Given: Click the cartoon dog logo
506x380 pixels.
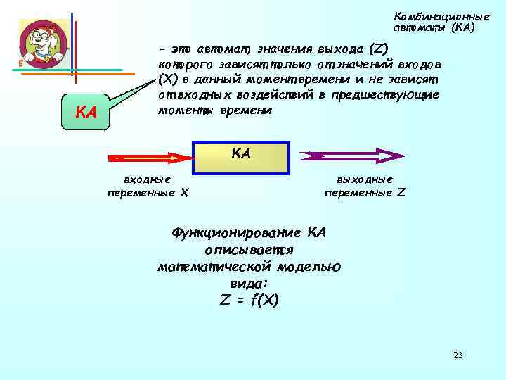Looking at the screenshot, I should pos(40,41).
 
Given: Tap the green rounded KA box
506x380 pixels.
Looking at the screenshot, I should pos(86,111).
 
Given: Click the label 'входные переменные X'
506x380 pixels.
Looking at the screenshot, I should pos(148,186).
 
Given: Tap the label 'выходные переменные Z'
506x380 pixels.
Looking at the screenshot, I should pos(365,186).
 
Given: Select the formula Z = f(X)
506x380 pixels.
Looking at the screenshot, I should pos(249,300).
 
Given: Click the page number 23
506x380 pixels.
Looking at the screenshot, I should pos(458,355).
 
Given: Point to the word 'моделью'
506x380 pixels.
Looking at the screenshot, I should pos(310,267).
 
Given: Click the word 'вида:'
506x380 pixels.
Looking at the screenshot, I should pos(249,283).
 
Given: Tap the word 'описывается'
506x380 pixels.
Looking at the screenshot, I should pos(249,250).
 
